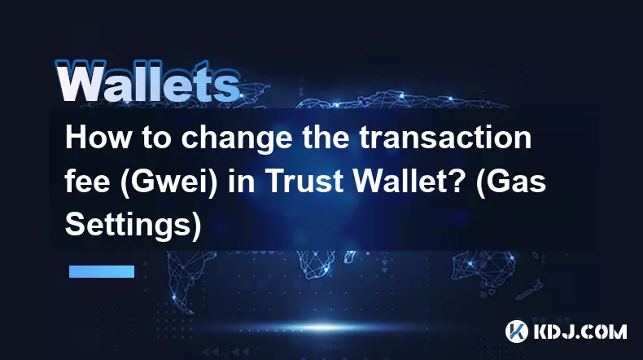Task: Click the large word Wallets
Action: coord(147,81)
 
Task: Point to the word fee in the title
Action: coord(87,181)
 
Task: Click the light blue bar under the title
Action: coord(102,271)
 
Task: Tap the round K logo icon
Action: coord(516,331)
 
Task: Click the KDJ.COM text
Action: coord(580,331)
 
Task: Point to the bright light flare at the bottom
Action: coord(324,327)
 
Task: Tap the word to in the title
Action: coord(156,138)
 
